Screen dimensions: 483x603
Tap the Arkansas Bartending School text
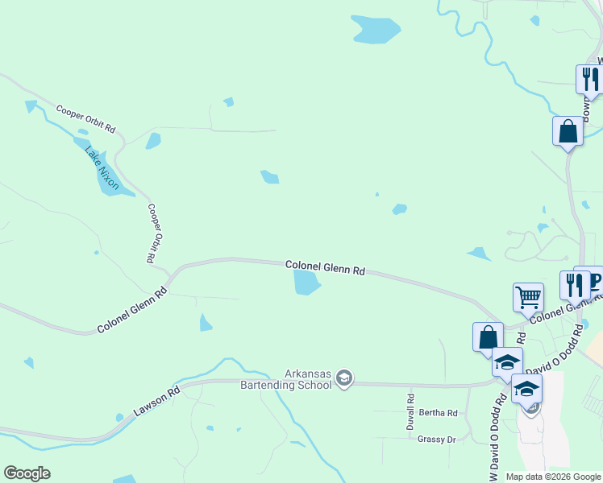click(x=286, y=379)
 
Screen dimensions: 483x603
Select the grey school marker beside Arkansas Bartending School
click(x=344, y=379)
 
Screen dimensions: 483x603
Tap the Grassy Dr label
click(x=437, y=439)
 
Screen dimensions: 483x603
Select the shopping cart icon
click(x=528, y=296)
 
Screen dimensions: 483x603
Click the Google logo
click(x=27, y=473)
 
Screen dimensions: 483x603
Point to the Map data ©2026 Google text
click(x=553, y=477)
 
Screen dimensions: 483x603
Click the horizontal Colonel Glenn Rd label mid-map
click(x=325, y=268)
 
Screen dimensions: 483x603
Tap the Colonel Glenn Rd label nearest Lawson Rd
click(x=131, y=311)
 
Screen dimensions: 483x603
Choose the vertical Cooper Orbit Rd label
click(x=151, y=233)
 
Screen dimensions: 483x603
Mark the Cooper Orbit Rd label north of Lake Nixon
click(x=85, y=118)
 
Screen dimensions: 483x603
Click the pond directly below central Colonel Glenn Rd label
click(x=307, y=282)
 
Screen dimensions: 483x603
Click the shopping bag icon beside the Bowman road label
click(x=568, y=131)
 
